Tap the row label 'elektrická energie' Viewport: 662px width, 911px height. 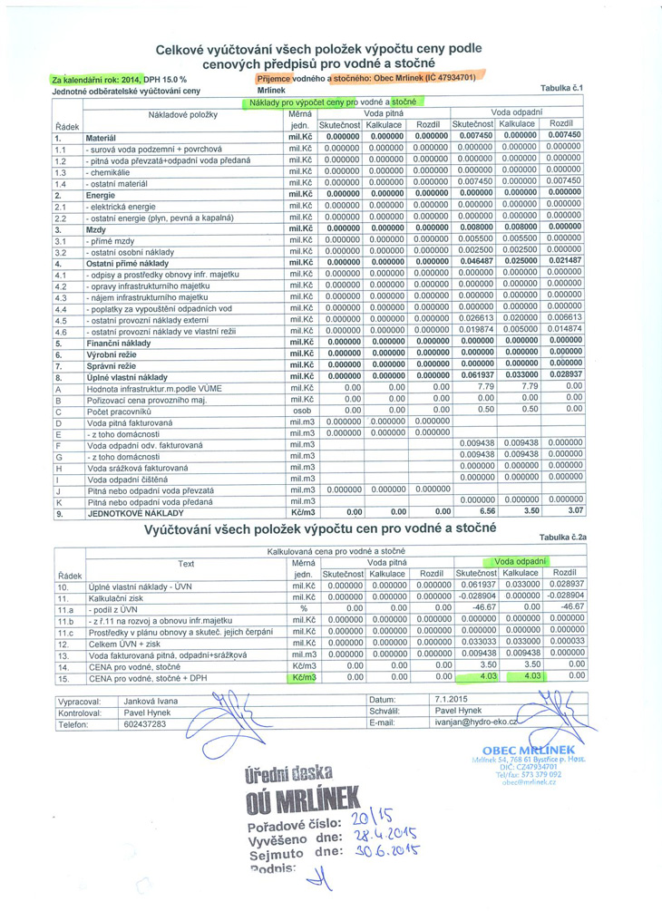pyautogui.click(x=123, y=207)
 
